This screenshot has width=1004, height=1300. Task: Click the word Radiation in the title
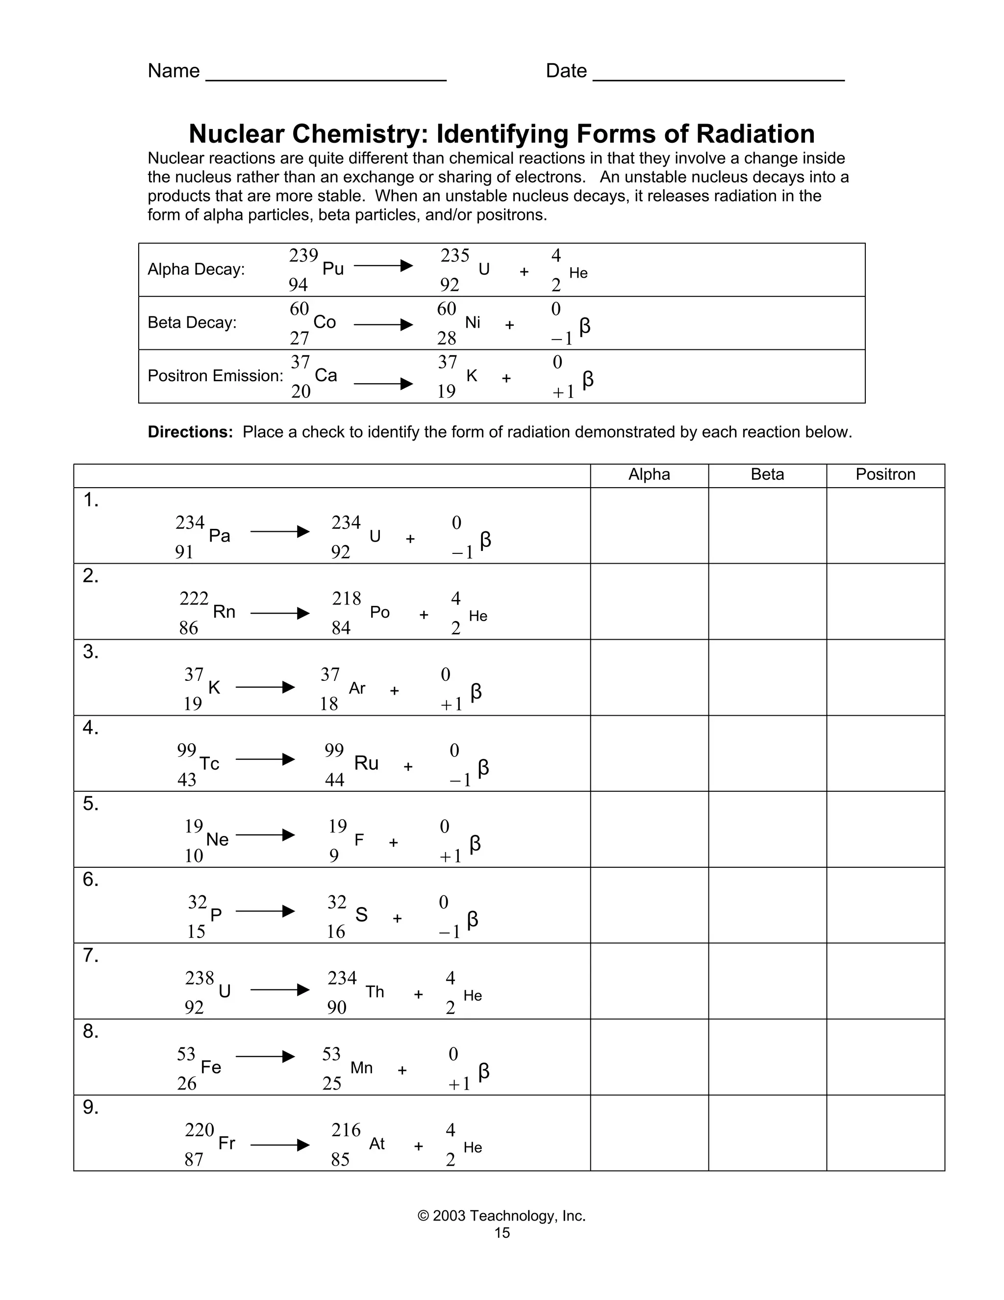[x=755, y=134]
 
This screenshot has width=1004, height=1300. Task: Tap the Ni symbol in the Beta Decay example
[x=473, y=323]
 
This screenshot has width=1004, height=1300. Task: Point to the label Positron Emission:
[x=215, y=376]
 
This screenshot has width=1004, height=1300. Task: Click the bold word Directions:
[x=190, y=432]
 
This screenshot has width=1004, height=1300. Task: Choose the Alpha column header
[x=649, y=474]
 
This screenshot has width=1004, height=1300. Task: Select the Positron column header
[x=885, y=474]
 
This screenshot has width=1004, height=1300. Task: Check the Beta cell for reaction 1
[x=767, y=525]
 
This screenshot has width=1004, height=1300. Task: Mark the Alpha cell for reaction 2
[x=649, y=601]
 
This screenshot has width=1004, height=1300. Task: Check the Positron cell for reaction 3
[x=885, y=677]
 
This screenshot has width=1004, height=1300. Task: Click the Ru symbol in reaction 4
[x=366, y=763]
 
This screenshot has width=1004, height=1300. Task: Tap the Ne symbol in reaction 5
[x=217, y=839]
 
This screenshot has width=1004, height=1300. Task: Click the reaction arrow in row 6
[x=265, y=911]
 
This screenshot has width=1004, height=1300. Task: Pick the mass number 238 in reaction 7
[x=199, y=978]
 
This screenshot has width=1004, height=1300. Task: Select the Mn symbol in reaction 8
[x=362, y=1068]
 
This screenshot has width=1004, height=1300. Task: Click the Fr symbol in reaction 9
[x=226, y=1143]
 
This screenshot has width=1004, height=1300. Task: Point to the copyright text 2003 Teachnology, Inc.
[x=502, y=1216]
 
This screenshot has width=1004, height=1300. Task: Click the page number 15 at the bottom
[x=502, y=1233]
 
